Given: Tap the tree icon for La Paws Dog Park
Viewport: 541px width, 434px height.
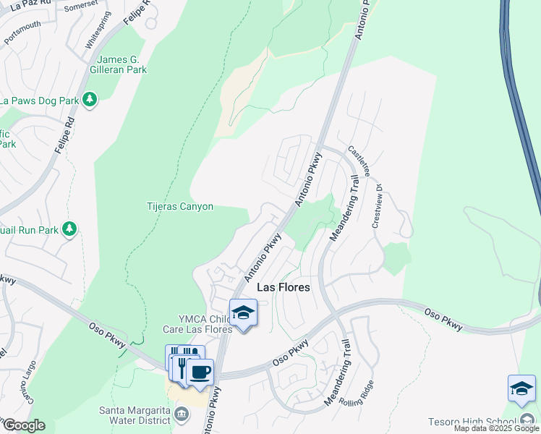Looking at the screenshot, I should [90, 100].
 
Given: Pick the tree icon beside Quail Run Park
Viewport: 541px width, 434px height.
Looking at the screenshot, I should [69, 230].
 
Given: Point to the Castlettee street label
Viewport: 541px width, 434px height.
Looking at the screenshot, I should [359, 163].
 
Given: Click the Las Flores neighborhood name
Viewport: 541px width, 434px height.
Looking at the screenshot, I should [284, 287].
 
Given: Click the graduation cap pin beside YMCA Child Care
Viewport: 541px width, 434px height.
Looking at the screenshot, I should [244, 314].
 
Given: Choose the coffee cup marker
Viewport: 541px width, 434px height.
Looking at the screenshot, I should [200, 373].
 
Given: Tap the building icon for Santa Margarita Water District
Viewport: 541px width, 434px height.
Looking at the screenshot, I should [182, 415].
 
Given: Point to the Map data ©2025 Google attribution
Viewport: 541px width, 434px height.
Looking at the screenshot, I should [496, 428].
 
